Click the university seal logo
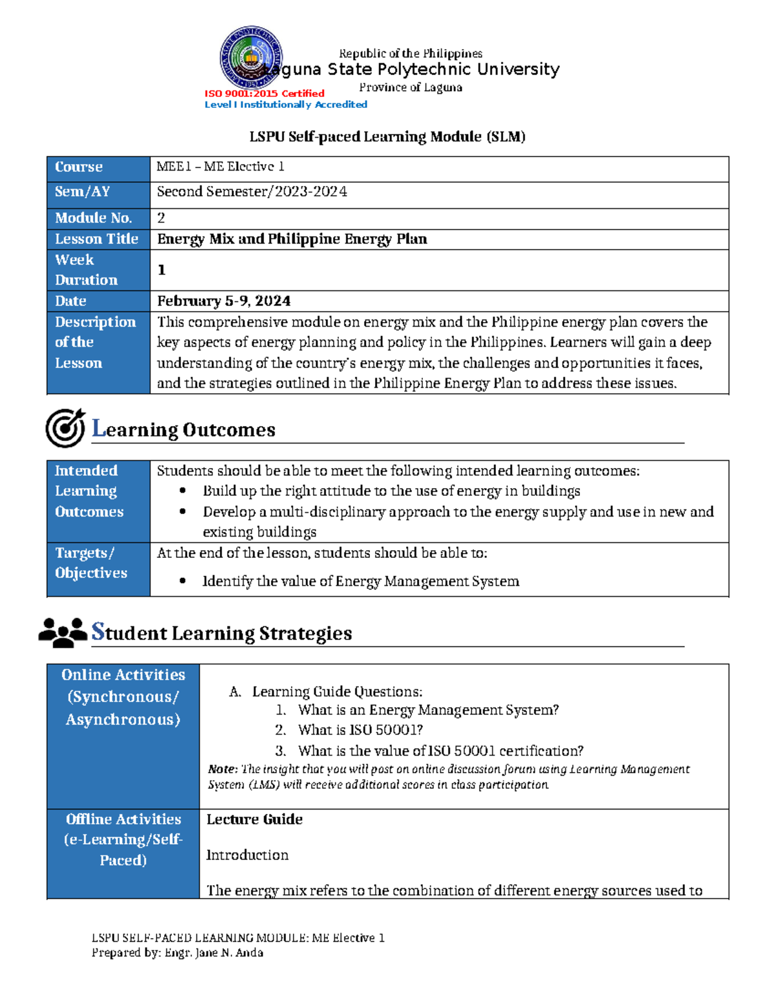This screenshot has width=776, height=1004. (x=250, y=58)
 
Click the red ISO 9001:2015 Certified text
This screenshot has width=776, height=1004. (x=264, y=93)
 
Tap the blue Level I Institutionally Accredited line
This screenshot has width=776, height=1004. (x=285, y=105)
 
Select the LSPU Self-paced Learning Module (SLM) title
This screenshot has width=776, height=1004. (x=387, y=136)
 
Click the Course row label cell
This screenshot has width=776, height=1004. (x=98, y=167)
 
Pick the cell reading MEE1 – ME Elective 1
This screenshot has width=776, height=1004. (x=221, y=167)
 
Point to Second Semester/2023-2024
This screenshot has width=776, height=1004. (x=252, y=192)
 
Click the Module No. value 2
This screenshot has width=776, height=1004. (x=161, y=218)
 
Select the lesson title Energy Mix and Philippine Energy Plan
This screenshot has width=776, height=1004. (x=292, y=239)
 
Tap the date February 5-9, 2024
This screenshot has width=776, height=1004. (x=224, y=301)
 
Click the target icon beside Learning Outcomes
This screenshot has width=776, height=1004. (x=65, y=428)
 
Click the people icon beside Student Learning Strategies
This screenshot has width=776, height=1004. (x=63, y=632)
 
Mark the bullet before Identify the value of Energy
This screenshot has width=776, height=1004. (x=182, y=581)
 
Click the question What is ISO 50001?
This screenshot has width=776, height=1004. (x=360, y=730)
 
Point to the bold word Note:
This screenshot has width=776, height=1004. (x=222, y=769)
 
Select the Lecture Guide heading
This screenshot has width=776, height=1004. (x=254, y=820)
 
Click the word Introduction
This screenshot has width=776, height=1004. (x=247, y=855)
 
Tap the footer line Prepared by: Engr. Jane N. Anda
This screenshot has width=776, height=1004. (x=177, y=953)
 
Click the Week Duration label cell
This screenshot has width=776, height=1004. (x=98, y=270)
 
